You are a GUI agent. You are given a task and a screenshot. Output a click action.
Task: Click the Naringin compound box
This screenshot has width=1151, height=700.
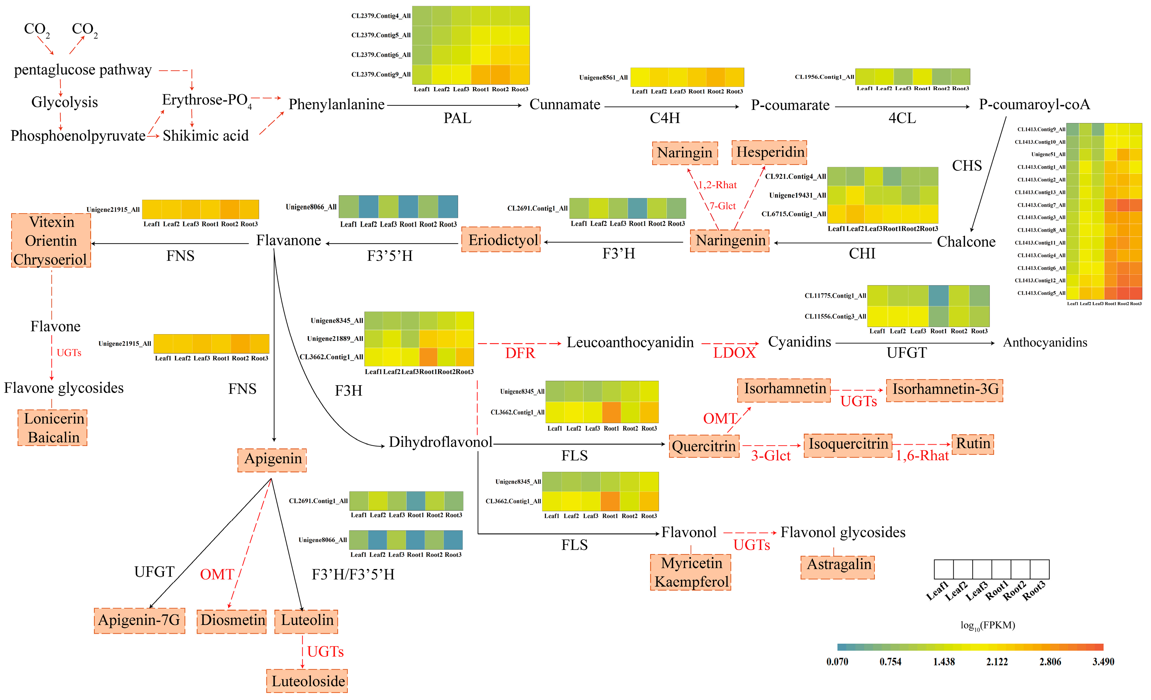point(685,153)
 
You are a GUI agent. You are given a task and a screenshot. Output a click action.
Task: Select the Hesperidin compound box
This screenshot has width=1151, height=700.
point(770,152)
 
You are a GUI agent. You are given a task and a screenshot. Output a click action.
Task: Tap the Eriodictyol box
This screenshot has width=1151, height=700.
point(501,240)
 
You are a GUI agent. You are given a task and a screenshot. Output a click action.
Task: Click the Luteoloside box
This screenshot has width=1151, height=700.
point(307,681)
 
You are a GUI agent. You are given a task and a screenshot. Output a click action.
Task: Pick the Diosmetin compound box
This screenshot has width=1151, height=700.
point(232,621)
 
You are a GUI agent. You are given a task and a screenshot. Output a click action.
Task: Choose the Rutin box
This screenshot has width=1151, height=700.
point(973,443)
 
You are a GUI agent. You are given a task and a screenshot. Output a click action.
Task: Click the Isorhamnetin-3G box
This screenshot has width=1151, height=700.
point(945,389)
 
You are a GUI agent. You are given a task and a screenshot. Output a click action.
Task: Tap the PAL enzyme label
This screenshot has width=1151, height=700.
point(457,119)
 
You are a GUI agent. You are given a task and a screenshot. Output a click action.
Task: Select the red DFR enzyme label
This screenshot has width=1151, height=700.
point(520,353)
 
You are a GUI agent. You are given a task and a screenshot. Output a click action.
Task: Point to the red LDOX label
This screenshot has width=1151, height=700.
point(734,353)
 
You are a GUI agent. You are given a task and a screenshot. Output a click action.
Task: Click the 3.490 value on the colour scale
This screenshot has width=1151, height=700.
point(1103,662)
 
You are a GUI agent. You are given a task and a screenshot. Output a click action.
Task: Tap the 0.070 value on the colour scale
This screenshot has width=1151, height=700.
point(837,662)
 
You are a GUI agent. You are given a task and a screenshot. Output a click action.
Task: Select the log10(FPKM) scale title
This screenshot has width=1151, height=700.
point(987,625)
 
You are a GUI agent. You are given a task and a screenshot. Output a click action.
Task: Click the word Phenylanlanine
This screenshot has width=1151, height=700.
point(336,105)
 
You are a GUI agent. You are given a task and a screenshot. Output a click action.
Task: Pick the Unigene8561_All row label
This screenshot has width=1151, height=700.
point(603,77)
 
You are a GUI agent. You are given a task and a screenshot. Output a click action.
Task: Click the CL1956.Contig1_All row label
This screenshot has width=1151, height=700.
point(824,77)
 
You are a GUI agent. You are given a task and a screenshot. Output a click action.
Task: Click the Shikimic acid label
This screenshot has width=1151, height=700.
point(205,136)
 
